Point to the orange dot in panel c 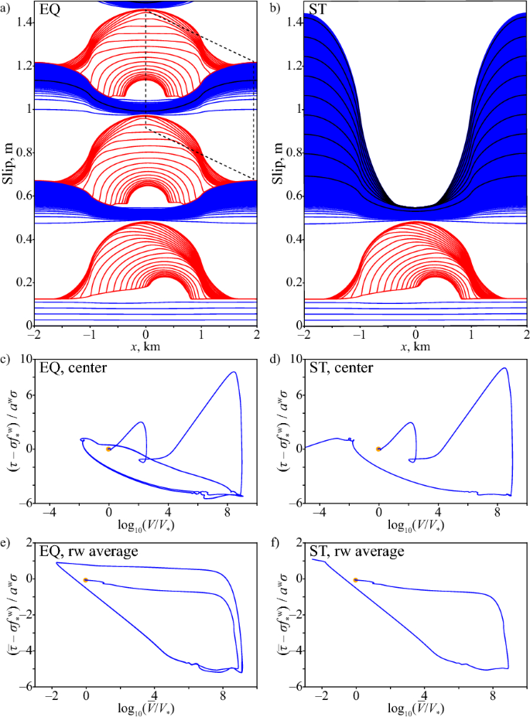(108, 449)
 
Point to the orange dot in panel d (378, 449)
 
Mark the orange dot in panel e (86, 580)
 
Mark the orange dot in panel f (356, 580)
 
